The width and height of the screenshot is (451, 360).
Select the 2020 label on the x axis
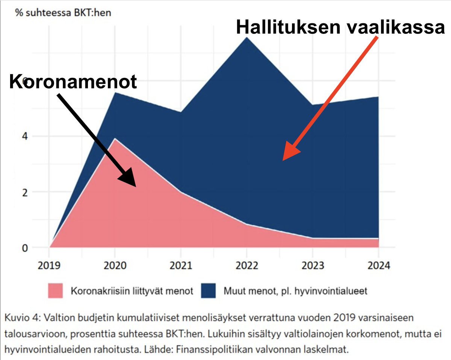tap(115, 266)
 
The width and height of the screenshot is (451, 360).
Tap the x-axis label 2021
tap(181, 266)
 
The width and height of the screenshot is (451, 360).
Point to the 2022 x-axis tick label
tap(247, 266)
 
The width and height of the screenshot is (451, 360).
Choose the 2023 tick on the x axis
tap(313, 266)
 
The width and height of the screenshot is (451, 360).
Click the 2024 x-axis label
tap(378, 266)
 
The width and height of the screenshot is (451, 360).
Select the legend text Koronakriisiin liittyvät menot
tap(132, 291)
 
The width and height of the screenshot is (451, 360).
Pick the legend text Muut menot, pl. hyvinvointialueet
tap(295, 291)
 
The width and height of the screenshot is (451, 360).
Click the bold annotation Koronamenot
tap(73, 82)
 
